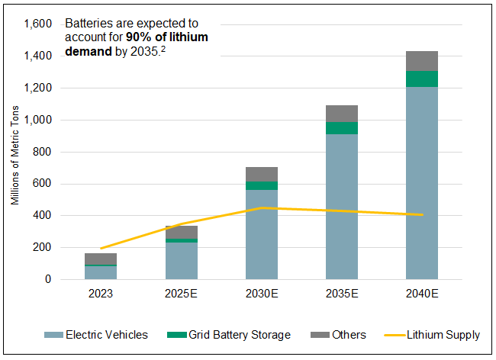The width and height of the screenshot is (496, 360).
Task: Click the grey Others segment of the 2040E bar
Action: [x=421, y=61]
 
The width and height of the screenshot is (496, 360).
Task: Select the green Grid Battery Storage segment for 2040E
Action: [x=421, y=79]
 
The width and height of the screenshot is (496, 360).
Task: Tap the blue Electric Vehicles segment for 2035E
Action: [x=341, y=206]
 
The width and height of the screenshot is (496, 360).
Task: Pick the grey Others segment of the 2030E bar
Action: [x=262, y=174]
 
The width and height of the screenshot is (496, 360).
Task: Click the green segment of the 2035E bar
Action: [x=341, y=128]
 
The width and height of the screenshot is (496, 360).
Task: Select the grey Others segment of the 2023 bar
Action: [x=101, y=259]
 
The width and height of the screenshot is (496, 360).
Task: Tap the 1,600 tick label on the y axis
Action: [x=37, y=24]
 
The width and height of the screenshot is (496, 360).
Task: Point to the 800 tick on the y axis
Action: [x=41, y=152]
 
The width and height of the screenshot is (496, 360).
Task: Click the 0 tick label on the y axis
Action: [x=48, y=279]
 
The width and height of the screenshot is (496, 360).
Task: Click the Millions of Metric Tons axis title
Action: [x=15, y=152]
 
